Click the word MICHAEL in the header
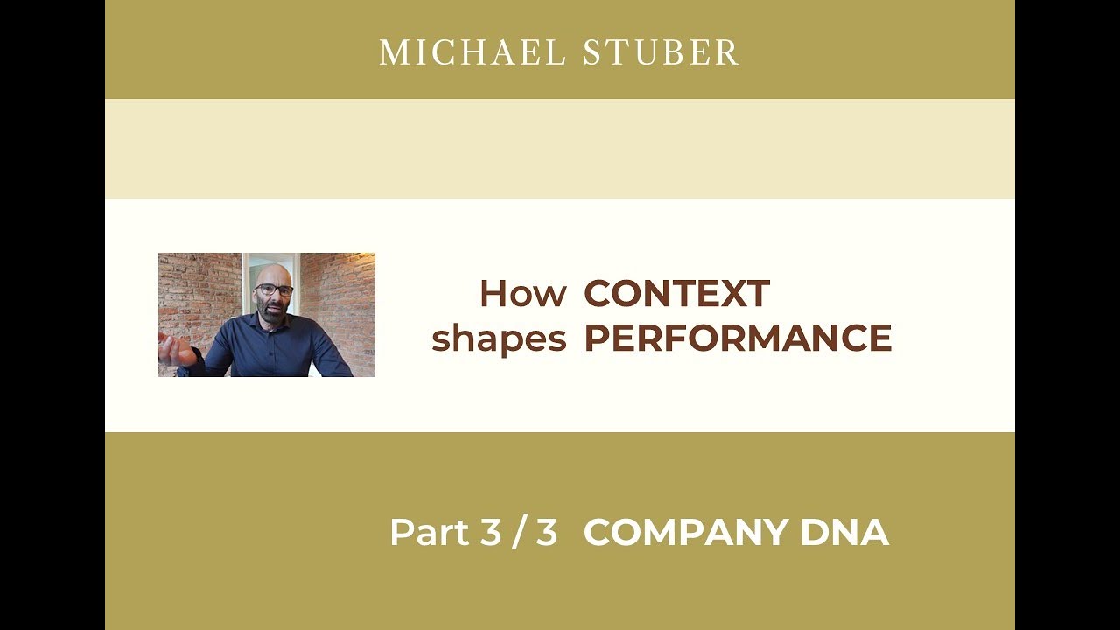click(x=472, y=53)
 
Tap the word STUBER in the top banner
click(x=661, y=53)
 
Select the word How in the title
click(x=522, y=294)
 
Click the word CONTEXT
click(x=676, y=294)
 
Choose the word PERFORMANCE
click(x=738, y=339)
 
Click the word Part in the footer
click(x=429, y=533)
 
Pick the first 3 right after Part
click(x=490, y=533)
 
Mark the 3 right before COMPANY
click(x=547, y=533)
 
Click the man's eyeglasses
click(x=275, y=290)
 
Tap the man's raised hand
click(x=178, y=350)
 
